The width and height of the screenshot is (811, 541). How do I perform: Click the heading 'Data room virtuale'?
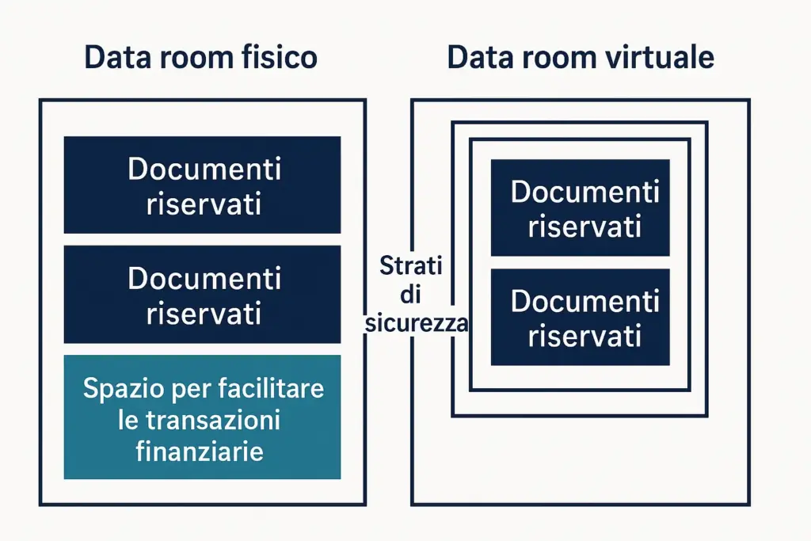click(x=581, y=58)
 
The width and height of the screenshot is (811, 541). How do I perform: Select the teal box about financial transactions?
click(x=202, y=417)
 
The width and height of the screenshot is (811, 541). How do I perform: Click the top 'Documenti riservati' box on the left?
click(x=202, y=185)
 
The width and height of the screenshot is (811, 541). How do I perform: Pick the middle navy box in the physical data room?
click(x=202, y=295)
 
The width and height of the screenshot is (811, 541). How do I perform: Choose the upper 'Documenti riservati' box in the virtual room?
click(x=581, y=208)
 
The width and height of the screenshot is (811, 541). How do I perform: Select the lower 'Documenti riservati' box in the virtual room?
click(x=581, y=317)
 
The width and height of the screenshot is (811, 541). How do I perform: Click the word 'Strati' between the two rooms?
click(x=411, y=265)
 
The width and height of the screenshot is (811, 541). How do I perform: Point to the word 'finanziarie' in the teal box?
click(x=200, y=451)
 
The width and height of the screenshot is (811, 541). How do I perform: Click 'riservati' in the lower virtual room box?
click(x=584, y=336)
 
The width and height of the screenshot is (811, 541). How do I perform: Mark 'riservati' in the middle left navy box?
click(x=204, y=314)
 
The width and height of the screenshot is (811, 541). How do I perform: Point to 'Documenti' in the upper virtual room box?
click(x=585, y=192)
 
